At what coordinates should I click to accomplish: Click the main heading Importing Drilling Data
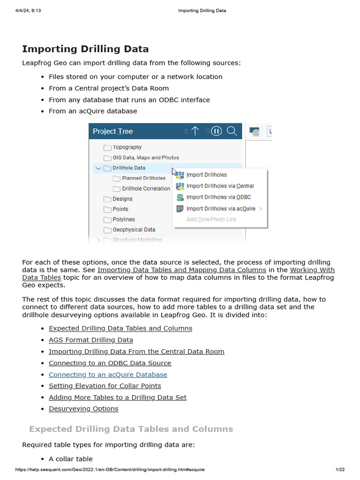(85, 49)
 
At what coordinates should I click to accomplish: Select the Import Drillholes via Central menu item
(220, 186)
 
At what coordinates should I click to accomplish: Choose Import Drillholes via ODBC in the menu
(218, 197)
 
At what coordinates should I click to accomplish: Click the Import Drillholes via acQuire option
(220, 209)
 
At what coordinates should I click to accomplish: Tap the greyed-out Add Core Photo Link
(211, 219)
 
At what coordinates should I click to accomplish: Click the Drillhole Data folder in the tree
(128, 168)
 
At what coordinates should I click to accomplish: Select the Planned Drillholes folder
(143, 178)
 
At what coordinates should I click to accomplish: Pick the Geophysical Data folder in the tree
(134, 230)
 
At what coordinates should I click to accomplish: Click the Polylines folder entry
(123, 219)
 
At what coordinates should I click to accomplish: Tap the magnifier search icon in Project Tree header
(232, 131)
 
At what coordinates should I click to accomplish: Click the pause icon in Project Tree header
(216, 131)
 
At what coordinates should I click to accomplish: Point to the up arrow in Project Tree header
(195, 131)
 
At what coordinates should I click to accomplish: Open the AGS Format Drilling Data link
(91, 340)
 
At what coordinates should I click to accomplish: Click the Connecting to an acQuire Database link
(108, 375)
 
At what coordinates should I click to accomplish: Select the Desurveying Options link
(83, 409)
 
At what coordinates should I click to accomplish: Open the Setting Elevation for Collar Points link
(105, 386)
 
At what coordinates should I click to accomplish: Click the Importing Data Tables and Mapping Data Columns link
(181, 270)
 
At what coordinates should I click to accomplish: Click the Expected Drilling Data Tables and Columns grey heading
(131, 429)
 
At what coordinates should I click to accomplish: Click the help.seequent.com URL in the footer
(110, 470)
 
